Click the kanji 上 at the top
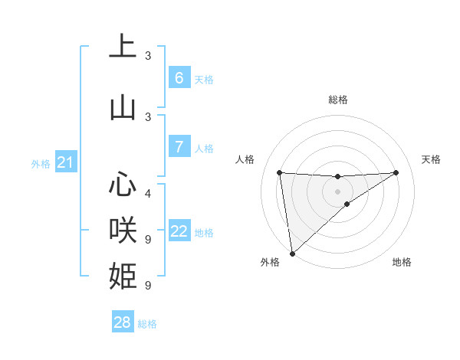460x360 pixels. pyautogui.click(x=123, y=47)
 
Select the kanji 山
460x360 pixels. pyautogui.click(x=123, y=108)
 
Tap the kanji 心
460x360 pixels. pyautogui.click(x=123, y=185)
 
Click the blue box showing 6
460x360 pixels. pyautogui.click(x=179, y=78)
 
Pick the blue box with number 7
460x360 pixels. pyautogui.click(x=179, y=147)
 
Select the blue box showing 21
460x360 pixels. pyautogui.click(x=65, y=162)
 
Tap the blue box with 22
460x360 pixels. pyautogui.click(x=179, y=231)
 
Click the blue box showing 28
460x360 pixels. pyautogui.click(x=123, y=322)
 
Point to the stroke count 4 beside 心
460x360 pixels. pyautogui.click(x=148, y=193)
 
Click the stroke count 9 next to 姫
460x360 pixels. pyautogui.click(x=148, y=285)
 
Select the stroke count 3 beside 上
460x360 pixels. pyautogui.click(x=148, y=55)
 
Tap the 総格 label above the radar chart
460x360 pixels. pyautogui.click(x=338, y=100)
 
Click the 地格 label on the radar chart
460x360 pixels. pyautogui.click(x=402, y=262)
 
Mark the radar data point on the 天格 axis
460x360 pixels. pyautogui.click(x=396, y=172)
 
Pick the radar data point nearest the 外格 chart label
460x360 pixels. pyautogui.click(x=291, y=253)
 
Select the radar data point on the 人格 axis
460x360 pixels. pyautogui.click(x=279, y=172)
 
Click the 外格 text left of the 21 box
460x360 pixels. pyautogui.click(x=41, y=163)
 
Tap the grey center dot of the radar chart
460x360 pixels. pyautogui.click(x=338, y=191)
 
